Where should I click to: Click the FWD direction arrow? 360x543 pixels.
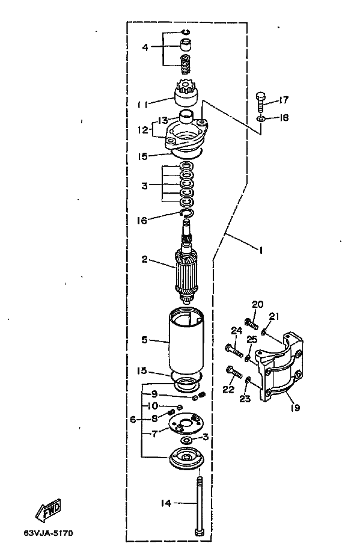pos(48,510)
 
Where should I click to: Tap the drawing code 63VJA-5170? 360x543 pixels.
pos(49,533)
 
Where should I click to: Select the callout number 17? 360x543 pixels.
pos(283,100)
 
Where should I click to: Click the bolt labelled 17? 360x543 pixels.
pos(261,102)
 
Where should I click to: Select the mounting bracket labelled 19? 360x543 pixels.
pos(279,367)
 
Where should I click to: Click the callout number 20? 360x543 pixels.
pos(257,304)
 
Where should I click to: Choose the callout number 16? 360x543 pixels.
pos(142,220)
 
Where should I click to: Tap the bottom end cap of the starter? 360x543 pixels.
pos(186,458)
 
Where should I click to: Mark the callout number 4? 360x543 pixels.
pos(145,47)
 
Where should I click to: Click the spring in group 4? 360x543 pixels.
pos(186,64)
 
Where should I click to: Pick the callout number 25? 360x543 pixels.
pos(252,339)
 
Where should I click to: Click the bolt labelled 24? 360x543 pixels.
pos(234,351)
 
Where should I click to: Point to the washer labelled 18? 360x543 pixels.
pos(261,120)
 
